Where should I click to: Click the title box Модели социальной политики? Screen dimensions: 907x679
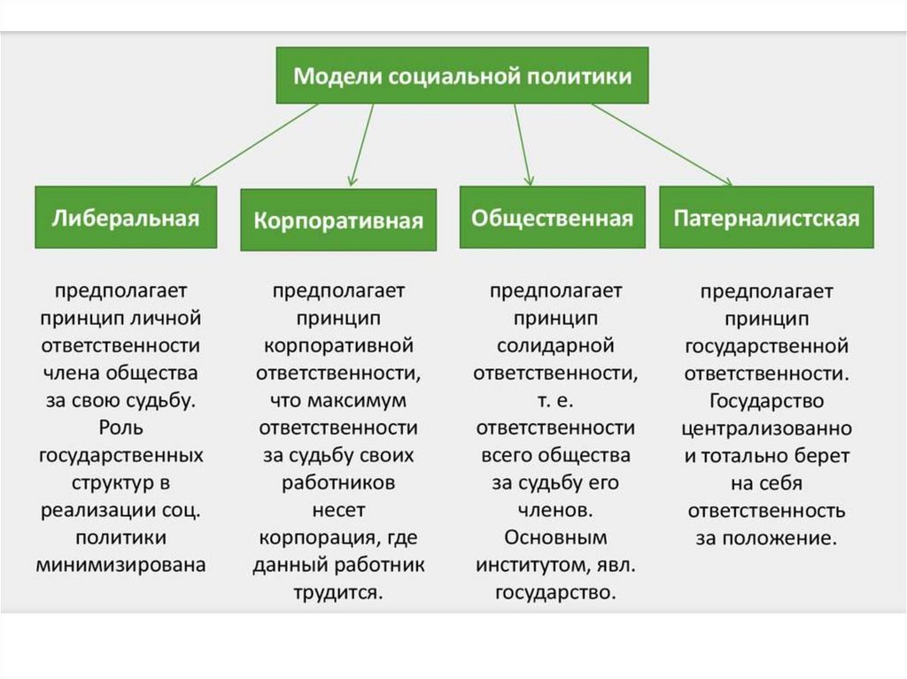tap(462, 76)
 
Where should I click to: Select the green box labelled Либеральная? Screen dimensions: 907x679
tap(125, 218)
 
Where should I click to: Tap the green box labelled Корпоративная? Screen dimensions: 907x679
tap(338, 220)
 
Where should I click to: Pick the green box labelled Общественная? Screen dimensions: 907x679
tap(552, 218)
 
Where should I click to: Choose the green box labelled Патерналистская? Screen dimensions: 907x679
tap(766, 218)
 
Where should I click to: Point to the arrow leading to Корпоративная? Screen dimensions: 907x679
tap(361, 145)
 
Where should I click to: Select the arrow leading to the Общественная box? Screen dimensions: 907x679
tap(523, 145)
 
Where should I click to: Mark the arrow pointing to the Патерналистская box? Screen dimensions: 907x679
tap(663, 145)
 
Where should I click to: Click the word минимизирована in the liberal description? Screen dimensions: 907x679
tap(121, 565)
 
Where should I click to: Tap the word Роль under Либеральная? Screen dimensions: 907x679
tap(121, 428)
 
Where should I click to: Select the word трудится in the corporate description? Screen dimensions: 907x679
tap(338, 592)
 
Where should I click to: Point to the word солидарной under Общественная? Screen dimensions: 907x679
tap(555, 345)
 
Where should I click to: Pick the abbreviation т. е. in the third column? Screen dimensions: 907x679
tap(555, 400)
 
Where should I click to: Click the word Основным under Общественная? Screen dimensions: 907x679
tap(555, 537)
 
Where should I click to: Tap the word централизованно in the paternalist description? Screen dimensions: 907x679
tap(766, 428)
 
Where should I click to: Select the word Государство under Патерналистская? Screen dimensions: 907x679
tap(766, 401)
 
